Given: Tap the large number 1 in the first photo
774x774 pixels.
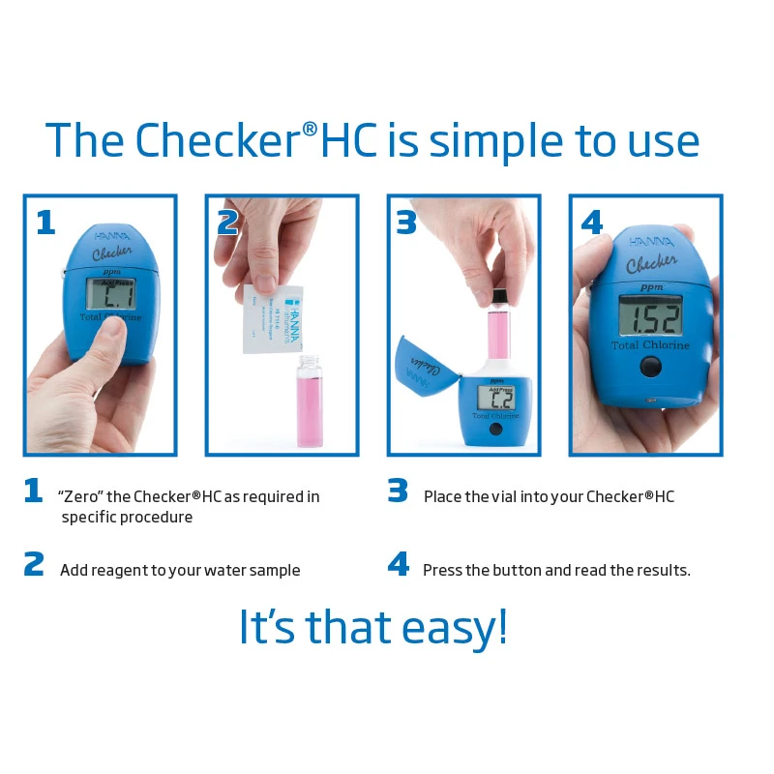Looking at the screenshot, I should coord(45,223).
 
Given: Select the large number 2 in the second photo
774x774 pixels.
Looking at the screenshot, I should coord(228,223).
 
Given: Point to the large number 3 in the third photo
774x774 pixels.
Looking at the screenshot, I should coord(406,223).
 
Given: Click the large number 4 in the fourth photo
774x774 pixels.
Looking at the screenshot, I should coord(591,223).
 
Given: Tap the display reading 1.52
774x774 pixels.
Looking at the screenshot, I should coord(650,316).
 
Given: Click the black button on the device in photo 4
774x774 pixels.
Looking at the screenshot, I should coord(651,367).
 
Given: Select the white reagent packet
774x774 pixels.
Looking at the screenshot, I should coord(272,317).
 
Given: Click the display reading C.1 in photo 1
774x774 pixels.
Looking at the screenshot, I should coord(109,293).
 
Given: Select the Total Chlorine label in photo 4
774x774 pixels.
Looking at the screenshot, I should coord(650,345).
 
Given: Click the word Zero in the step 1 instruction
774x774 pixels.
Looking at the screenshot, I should coord(79,496).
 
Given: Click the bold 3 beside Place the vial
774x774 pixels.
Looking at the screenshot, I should coord(398,491).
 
